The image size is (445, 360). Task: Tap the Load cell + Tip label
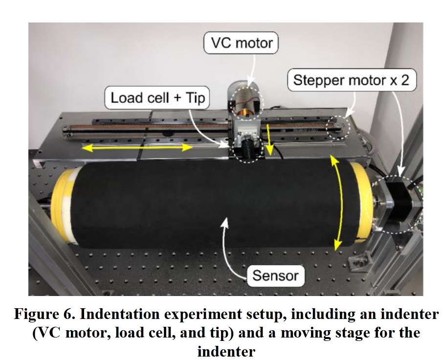(156, 97)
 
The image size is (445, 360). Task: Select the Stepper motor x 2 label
(351, 80)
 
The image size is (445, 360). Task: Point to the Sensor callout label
(275, 275)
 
